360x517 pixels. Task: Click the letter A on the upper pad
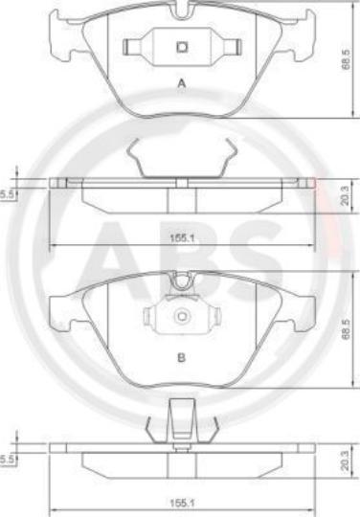point(182,83)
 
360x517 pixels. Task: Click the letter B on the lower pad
point(181,357)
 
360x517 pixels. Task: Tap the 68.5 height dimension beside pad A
point(346,59)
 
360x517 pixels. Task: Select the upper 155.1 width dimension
point(182,238)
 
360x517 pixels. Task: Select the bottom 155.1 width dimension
point(182,504)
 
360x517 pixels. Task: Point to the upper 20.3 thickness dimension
point(345,196)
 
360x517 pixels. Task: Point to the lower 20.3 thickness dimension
point(345,461)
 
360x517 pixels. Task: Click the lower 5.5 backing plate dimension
point(7,460)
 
